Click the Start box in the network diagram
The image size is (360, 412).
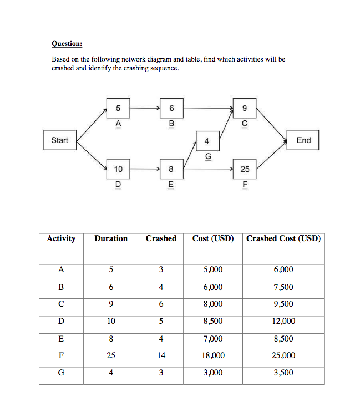tap(59, 140)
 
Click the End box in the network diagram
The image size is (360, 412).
tap(303, 140)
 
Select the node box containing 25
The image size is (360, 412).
tap(245, 169)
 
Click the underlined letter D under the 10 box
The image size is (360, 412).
tap(118, 184)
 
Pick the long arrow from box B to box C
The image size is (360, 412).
tap(209, 108)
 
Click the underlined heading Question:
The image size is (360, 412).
tap(67, 43)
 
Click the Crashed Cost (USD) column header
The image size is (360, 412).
tap(283, 238)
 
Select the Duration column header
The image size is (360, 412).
tap(111, 238)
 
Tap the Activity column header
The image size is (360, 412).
tap(61, 238)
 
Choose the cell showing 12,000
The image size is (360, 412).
tap(283, 321)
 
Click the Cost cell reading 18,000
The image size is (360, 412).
tap(213, 355)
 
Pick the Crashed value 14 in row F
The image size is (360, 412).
tap(161, 355)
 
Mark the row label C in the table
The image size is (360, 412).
tap(61, 304)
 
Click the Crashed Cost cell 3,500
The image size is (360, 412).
tap(283, 373)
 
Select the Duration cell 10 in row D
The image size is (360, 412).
tap(111, 321)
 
